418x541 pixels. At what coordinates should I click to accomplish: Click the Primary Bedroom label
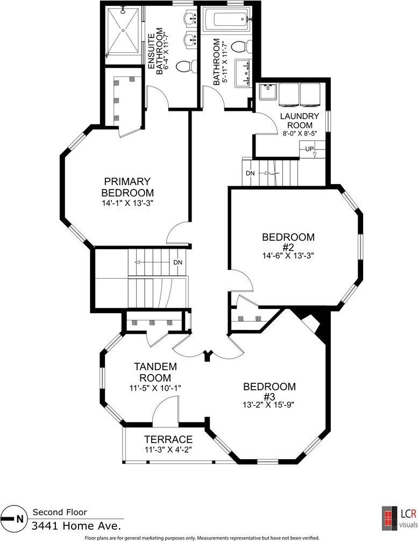click(127, 187)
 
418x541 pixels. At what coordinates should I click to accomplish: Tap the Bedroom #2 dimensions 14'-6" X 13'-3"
click(288, 256)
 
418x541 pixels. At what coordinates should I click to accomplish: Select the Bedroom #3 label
click(270, 391)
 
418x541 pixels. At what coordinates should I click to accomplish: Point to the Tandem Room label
click(155, 372)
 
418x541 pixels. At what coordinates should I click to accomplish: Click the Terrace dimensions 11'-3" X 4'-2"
click(168, 449)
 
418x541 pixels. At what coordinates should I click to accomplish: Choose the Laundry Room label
click(299, 121)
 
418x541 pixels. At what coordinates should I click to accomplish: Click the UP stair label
click(309, 149)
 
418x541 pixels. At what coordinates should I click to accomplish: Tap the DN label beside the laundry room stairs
click(250, 173)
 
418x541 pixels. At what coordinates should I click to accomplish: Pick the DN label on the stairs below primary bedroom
click(178, 262)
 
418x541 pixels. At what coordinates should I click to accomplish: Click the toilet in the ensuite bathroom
click(184, 66)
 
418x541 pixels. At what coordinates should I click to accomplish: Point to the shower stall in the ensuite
click(123, 31)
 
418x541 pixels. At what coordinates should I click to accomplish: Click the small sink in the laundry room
click(268, 92)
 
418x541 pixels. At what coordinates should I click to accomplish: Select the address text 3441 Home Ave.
click(76, 526)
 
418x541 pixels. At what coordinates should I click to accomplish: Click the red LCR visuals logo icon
click(389, 518)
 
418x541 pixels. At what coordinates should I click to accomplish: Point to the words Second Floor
click(60, 512)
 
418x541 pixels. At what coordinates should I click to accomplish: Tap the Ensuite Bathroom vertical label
click(157, 52)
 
